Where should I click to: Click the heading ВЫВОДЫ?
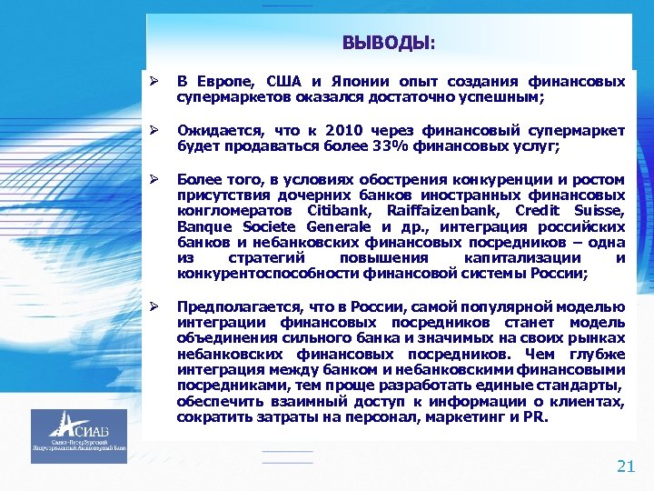pyautogui.click(x=388, y=42)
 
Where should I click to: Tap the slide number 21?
pyautogui.click(x=626, y=467)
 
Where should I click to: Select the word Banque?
pyautogui.click(x=204, y=226)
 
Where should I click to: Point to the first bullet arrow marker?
pyautogui.click(x=154, y=82)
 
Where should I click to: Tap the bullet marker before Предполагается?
pyautogui.click(x=154, y=306)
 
